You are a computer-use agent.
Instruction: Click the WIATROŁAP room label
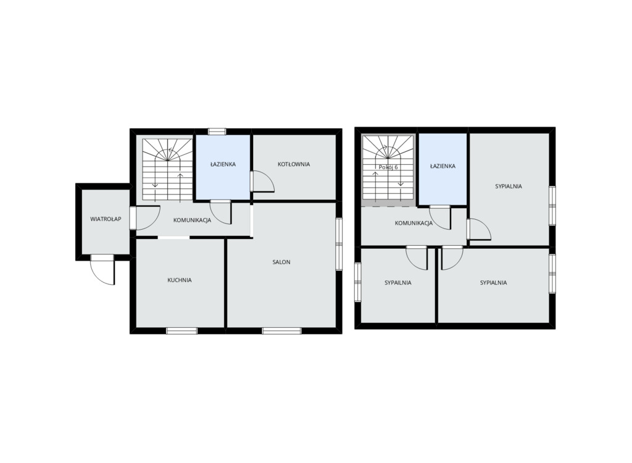106,219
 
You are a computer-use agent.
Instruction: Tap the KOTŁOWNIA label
294,164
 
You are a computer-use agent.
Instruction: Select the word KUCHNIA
180,280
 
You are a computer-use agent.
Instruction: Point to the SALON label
281,262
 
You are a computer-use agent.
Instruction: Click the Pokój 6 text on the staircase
388,167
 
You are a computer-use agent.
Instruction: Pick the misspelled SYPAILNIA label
398,283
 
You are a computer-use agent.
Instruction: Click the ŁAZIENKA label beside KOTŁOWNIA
223,164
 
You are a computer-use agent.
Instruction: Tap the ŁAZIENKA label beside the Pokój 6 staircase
443,166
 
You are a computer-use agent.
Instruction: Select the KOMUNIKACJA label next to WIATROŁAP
193,220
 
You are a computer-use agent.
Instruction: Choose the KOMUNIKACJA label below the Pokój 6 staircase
414,223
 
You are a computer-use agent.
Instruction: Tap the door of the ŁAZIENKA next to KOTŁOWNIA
221,212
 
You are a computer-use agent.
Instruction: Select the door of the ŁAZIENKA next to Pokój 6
439,218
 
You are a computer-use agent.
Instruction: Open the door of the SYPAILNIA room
417,257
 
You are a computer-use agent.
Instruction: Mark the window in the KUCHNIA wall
182,331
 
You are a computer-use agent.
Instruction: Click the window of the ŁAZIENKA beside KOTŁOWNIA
217,131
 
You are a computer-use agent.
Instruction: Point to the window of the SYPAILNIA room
358,282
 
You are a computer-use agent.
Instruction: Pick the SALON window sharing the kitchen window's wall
281,331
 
